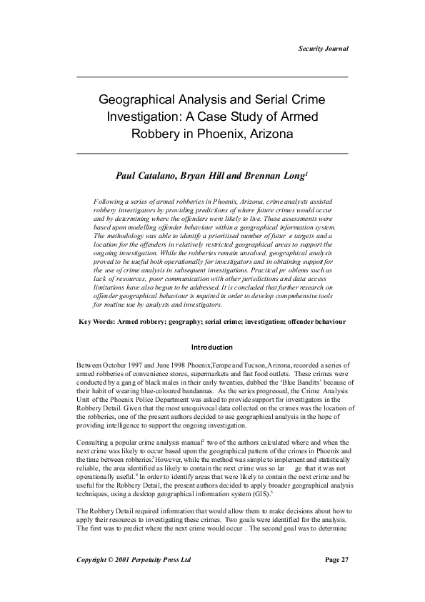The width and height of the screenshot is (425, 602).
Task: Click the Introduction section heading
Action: click(212, 347)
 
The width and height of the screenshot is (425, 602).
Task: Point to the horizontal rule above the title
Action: click(212, 77)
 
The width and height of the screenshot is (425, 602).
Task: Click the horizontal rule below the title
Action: click(212, 153)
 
